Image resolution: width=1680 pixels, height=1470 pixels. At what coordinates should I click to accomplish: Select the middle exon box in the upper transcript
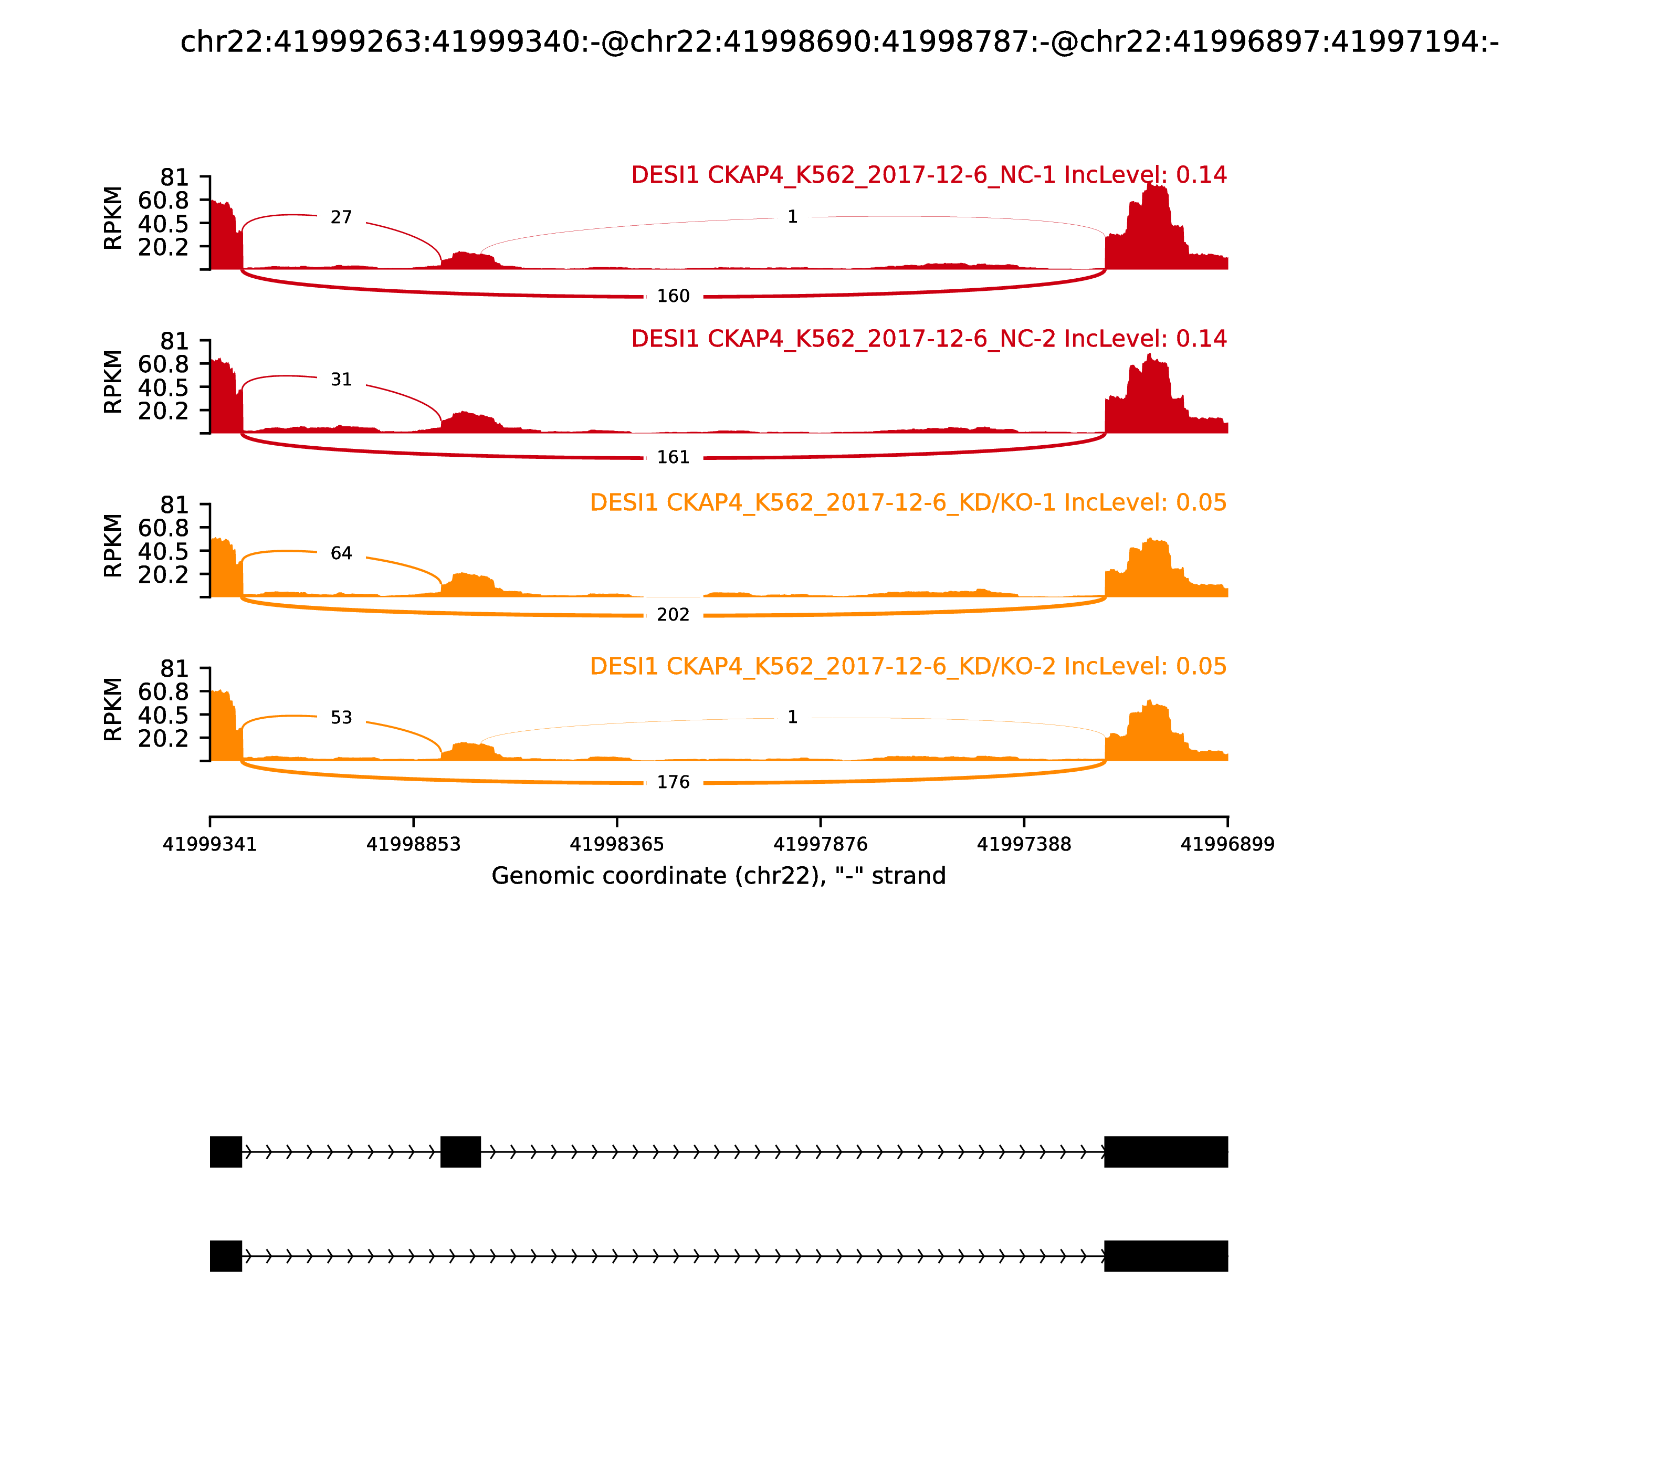[x=460, y=1152]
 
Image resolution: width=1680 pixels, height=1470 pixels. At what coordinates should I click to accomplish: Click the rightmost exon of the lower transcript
[x=1165, y=1256]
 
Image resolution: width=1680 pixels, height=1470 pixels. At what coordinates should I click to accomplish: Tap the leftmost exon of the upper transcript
[x=226, y=1152]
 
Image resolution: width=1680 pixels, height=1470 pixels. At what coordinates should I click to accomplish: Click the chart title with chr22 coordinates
[x=839, y=42]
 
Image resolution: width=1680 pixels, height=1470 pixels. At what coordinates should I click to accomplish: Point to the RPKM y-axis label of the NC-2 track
[x=113, y=382]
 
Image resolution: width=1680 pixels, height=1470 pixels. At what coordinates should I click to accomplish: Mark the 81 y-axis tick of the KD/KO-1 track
[x=174, y=505]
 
